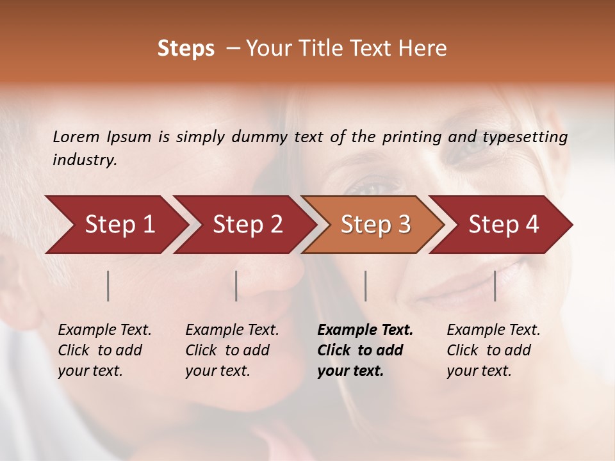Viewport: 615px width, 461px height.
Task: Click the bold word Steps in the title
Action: pos(186,49)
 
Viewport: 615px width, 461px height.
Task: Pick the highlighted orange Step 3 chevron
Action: pos(375,225)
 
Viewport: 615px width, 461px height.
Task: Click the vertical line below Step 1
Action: pos(108,286)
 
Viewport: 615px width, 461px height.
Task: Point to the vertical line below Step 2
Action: pos(236,286)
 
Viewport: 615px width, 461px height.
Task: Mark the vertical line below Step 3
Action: pos(365,286)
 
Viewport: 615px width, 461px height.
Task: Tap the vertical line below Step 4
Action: pos(495,286)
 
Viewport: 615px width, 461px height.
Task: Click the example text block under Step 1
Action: pos(104,350)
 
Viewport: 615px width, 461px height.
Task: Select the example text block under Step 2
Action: pos(232,350)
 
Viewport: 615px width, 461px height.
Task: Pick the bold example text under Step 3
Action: pos(365,350)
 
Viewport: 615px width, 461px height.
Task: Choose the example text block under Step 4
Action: pos(493,350)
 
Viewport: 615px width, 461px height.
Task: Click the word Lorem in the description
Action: pos(76,136)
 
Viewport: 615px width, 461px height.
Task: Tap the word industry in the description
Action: pos(85,160)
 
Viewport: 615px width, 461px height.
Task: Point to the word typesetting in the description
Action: pos(525,137)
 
